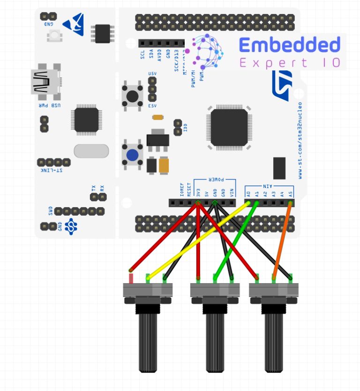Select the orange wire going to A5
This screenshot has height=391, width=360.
[x=283, y=239]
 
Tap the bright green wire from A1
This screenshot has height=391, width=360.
[x=237, y=239]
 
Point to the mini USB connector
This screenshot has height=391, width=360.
[x=45, y=82]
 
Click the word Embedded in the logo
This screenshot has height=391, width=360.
[x=289, y=45]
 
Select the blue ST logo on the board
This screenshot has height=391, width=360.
[x=282, y=84]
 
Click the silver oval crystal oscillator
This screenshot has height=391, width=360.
[x=91, y=150]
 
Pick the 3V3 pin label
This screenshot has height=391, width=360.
[x=198, y=192]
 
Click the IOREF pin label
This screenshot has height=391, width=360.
[x=181, y=189]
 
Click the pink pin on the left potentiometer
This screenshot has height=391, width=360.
[x=131, y=278]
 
